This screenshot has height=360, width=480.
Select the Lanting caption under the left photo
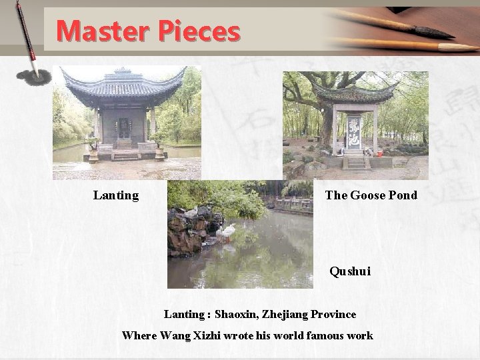(x=116, y=195)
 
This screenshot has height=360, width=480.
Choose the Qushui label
(x=350, y=272)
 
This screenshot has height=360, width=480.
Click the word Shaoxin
(x=239, y=313)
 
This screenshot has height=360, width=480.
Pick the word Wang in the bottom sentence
(x=175, y=335)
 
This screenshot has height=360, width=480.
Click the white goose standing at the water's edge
(x=227, y=231)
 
